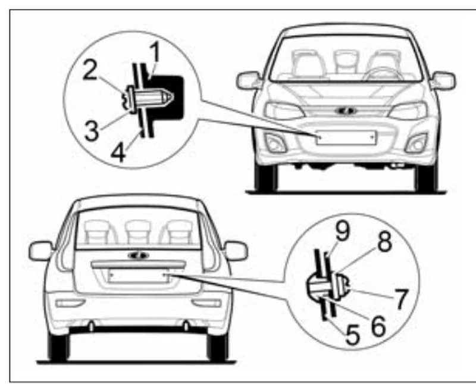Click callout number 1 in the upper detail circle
point(155,52)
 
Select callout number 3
point(92,130)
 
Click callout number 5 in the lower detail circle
point(353,335)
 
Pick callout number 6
point(378,327)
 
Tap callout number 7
point(401,299)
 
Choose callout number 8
point(384,242)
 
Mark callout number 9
point(343,231)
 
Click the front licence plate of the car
point(346,138)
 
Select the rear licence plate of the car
point(139,276)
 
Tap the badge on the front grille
point(346,111)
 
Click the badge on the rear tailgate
point(139,255)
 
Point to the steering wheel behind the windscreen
point(383,74)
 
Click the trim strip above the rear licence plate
point(139,265)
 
